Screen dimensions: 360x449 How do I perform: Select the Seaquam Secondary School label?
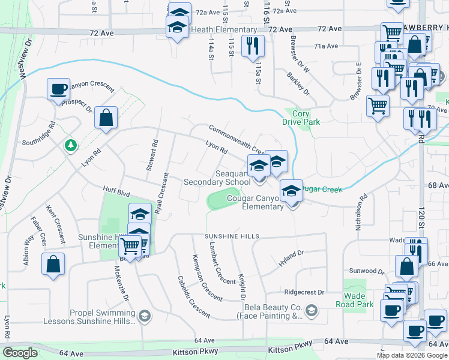(x=217, y=177)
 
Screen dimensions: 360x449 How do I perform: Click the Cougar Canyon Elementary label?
(x=255, y=203)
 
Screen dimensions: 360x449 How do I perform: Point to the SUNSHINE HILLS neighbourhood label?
(x=232, y=236)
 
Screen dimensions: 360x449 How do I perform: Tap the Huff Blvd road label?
(x=115, y=191)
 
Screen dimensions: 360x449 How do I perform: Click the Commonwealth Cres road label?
(x=237, y=138)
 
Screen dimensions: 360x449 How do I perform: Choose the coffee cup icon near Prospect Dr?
(x=58, y=89)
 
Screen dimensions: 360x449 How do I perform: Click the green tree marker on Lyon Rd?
(x=71, y=145)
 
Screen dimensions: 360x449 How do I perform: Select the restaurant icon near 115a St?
(x=253, y=46)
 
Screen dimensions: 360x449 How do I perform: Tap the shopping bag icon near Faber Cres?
(x=53, y=263)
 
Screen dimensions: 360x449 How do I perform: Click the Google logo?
(x=20, y=353)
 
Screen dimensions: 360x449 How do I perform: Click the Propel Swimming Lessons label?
(x=100, y=317)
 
